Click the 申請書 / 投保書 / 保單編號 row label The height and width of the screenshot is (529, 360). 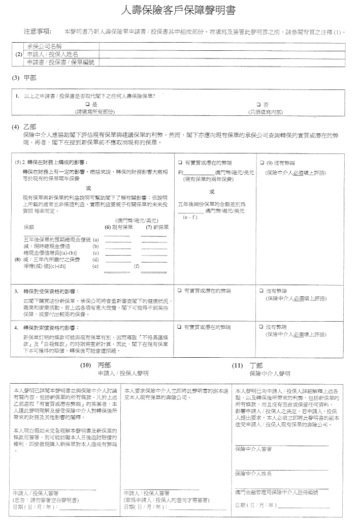pyautogui.click(x=60, y=62)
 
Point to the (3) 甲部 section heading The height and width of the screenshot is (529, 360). pyautogui.click(x=25, y=78)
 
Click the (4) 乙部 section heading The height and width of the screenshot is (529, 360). pyautogui.click(x=25, y=126)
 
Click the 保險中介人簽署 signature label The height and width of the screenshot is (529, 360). pyautogui.click(x=253, y=449)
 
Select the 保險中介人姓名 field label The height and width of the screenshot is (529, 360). pyautogui.click(x=253, y=474)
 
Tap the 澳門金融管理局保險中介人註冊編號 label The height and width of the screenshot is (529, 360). pyautogui.click(x=276, y=492)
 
